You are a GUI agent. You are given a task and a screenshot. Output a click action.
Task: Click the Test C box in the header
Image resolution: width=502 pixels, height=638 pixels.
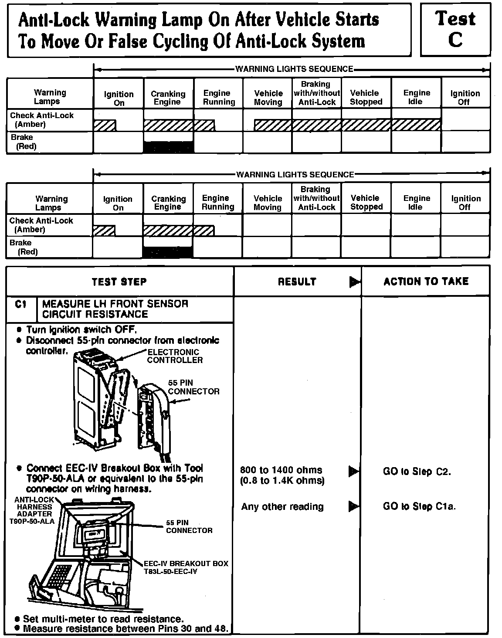click(x=455, y=29)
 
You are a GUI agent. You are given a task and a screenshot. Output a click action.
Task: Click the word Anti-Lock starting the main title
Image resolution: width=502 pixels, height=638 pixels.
click(x=54, y=20)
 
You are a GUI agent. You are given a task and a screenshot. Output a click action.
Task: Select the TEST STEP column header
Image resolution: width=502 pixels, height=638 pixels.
click(x=119, y=282)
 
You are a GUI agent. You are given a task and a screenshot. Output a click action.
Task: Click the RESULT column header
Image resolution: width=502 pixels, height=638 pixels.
click(x=297, y=282)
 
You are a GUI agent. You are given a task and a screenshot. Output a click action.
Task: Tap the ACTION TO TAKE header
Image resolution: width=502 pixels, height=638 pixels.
click(x=426, y=282)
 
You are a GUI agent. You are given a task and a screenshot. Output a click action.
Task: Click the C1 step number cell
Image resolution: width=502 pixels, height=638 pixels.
click(x=21, y=304)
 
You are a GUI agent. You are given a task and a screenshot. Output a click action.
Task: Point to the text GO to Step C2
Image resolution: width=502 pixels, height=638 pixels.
click(x=417, y=472)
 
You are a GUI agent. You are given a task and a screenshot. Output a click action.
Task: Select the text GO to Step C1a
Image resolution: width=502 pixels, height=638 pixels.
click(x=419, y=506)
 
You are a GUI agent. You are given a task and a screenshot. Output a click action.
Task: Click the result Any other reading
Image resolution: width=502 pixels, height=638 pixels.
click(x=282, y=506)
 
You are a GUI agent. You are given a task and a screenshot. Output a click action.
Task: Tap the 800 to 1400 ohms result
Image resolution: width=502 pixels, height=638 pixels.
click(x=282, y=470)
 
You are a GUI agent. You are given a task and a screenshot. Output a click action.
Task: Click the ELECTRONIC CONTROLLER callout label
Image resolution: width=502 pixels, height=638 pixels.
click(x=175, y=356)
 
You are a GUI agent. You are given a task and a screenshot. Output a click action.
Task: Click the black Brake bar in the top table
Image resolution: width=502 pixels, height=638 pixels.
click(x=168, y=147)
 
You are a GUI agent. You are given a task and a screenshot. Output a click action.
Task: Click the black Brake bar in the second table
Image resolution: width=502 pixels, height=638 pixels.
click(x=167, y=252)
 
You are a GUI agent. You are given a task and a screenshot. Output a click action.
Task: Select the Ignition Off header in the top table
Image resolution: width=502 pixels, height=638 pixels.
click(x=465, y=98)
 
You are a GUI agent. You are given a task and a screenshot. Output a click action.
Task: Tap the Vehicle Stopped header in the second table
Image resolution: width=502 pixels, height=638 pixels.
click(x=366, y=202)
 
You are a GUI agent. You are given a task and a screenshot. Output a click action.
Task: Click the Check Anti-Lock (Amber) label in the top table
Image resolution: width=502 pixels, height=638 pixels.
click(x=42, y=120)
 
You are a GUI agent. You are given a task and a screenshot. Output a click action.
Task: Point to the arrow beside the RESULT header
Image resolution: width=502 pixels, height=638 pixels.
click(x=355, y=282)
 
